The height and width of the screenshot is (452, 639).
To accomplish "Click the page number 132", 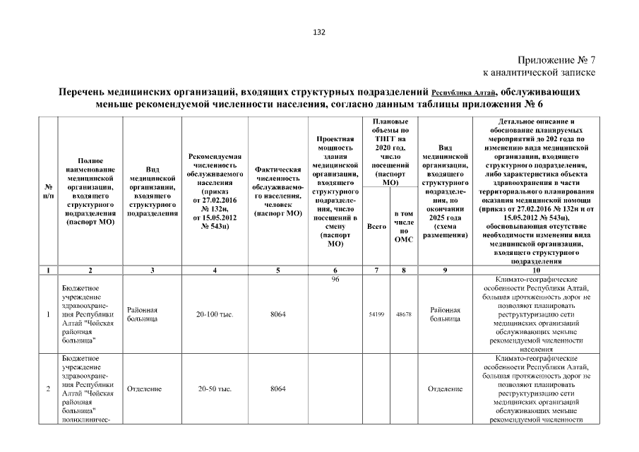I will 318,31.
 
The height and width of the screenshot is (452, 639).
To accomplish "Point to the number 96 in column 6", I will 335,280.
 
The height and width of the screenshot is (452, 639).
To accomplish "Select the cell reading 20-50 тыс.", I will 215,389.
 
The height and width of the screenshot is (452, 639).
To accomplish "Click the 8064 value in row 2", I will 278,389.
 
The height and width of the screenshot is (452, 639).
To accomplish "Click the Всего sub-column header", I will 376,227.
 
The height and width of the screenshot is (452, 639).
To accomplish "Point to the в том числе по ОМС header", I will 403,226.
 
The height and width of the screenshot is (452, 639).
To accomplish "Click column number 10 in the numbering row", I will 536,270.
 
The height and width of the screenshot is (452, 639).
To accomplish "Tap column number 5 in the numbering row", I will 278,270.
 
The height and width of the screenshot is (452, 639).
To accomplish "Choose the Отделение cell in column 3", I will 144,389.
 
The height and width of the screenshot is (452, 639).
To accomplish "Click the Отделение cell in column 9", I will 445,389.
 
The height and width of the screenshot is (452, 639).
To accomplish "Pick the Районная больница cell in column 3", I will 142,314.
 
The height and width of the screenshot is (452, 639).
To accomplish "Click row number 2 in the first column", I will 48,389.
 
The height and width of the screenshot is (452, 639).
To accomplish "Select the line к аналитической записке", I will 539,72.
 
